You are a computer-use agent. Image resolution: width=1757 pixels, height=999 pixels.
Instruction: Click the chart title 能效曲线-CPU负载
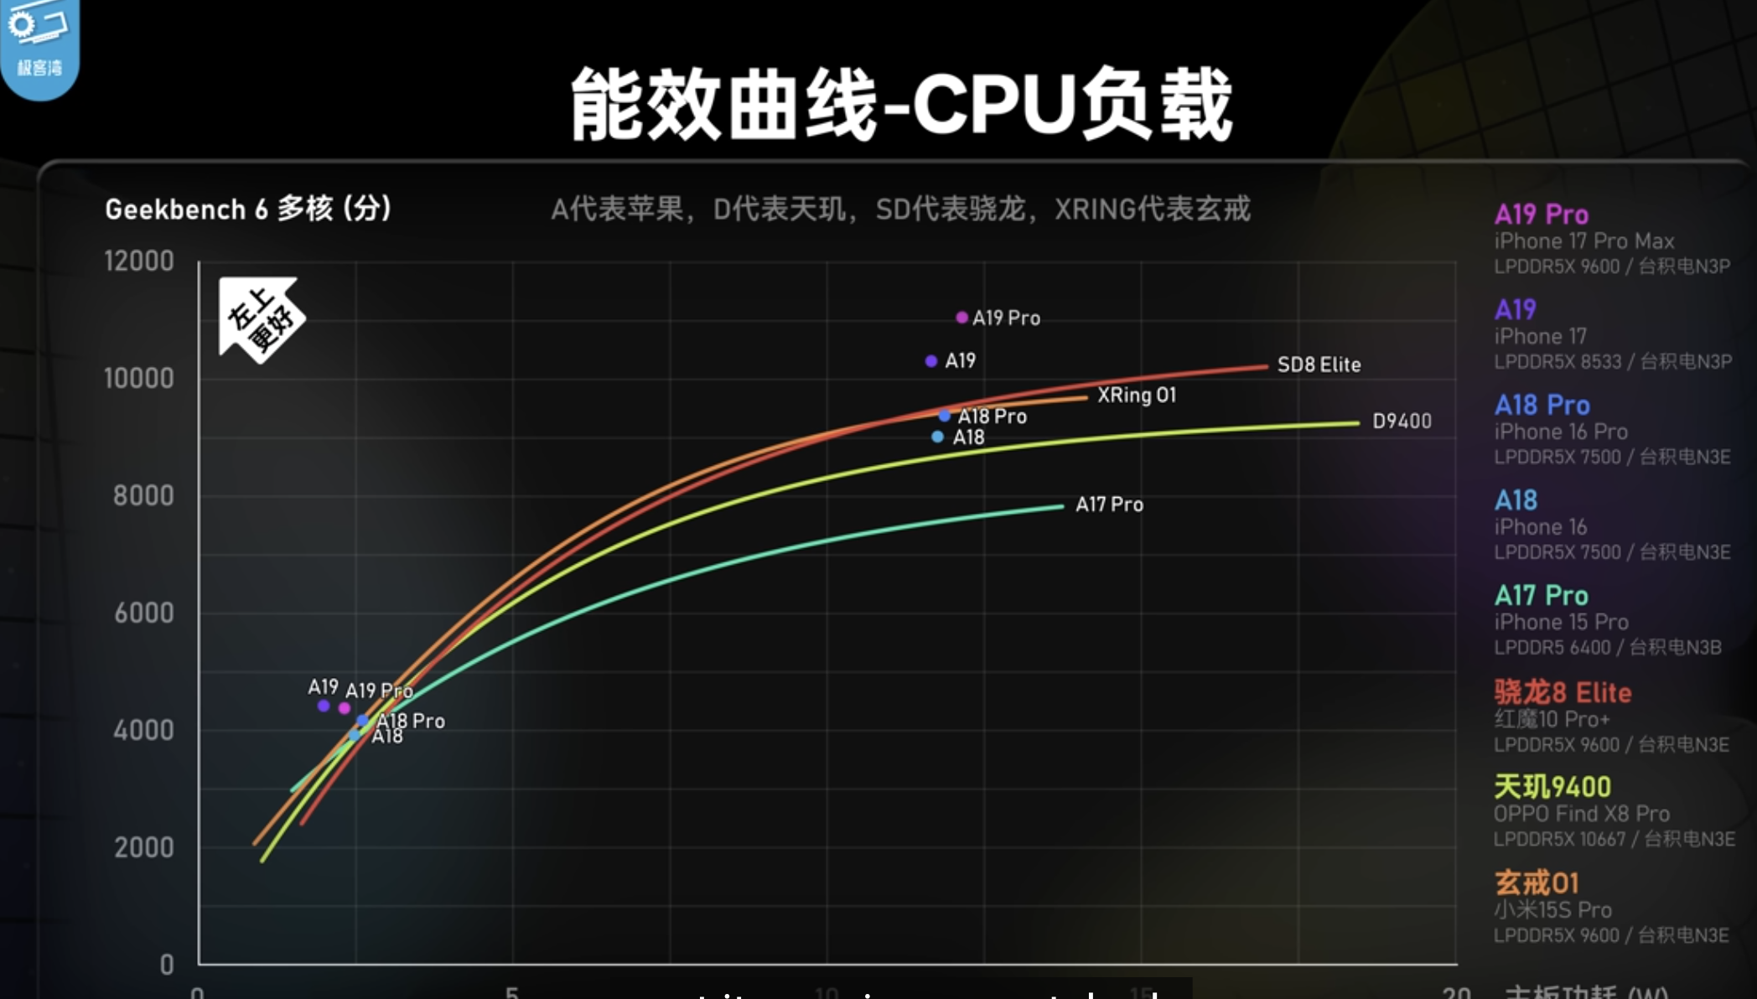[x=901, y=105]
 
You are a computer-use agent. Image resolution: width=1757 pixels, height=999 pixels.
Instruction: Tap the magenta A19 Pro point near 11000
[x=961, y=318]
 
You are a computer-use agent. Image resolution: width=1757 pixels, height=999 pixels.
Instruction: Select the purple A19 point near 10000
[x=930, y=361]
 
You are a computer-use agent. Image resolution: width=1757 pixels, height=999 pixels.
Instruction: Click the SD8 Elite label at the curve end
[x=1319, y=365]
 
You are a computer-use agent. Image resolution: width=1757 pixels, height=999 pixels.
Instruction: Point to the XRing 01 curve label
[x=1137, y=395]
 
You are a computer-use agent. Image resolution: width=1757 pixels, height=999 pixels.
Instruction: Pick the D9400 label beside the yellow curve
[x=1402, y=421]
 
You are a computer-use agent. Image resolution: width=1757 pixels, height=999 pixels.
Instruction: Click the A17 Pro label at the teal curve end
[x=1109, y=505]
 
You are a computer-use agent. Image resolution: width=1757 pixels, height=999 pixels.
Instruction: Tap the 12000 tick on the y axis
[x=139, y=261]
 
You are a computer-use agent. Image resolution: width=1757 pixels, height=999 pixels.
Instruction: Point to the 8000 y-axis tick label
[x=143, y=495]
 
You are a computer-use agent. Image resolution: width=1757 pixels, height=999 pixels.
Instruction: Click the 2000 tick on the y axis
[x=143, y=847]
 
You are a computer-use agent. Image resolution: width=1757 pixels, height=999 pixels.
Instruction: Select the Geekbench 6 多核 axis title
[x=248, y=209]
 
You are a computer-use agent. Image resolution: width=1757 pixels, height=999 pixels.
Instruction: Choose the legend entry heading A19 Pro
[x=1541, y=215]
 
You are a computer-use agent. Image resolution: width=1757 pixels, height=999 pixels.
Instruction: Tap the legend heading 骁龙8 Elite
[x=1563, y=692]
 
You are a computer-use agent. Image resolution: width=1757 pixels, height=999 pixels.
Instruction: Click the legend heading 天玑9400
[x=1552, y=787]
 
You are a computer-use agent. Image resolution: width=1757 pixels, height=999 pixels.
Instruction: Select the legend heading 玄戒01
[x=1537, y=883]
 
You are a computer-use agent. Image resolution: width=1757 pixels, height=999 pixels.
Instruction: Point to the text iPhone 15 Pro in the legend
[x=1561, y=622]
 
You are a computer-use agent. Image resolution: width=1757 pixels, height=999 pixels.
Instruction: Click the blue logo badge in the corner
[x=39, y=46]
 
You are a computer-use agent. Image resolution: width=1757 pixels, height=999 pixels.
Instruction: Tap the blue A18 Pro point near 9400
[x=945, y=416]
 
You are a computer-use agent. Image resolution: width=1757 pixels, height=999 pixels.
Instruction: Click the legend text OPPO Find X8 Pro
[x=1581, y=814]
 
